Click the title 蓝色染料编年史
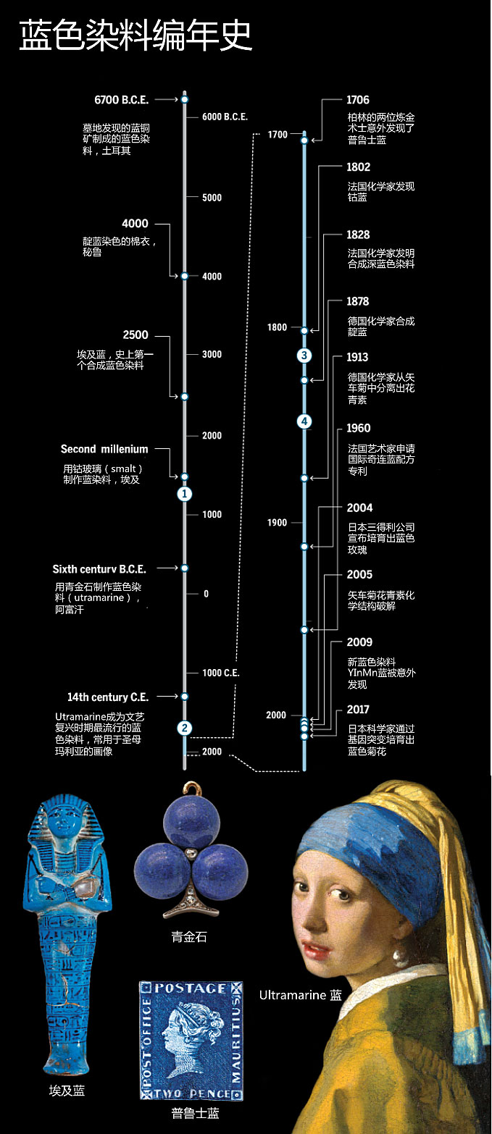[136, 35]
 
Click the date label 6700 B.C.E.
[121, 100]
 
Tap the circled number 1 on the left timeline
[185, 494]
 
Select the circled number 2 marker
[185, 728]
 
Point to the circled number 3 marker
[305, 355]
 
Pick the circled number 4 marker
[305, 421]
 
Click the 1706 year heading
[358, 101]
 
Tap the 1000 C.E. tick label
[222, 673]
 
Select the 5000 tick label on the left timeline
[212, 198]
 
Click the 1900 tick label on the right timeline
[277, 523]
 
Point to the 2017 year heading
[358, 710]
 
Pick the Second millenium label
[104, 450]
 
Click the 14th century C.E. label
[108, 697]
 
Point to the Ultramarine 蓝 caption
[300, 995]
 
